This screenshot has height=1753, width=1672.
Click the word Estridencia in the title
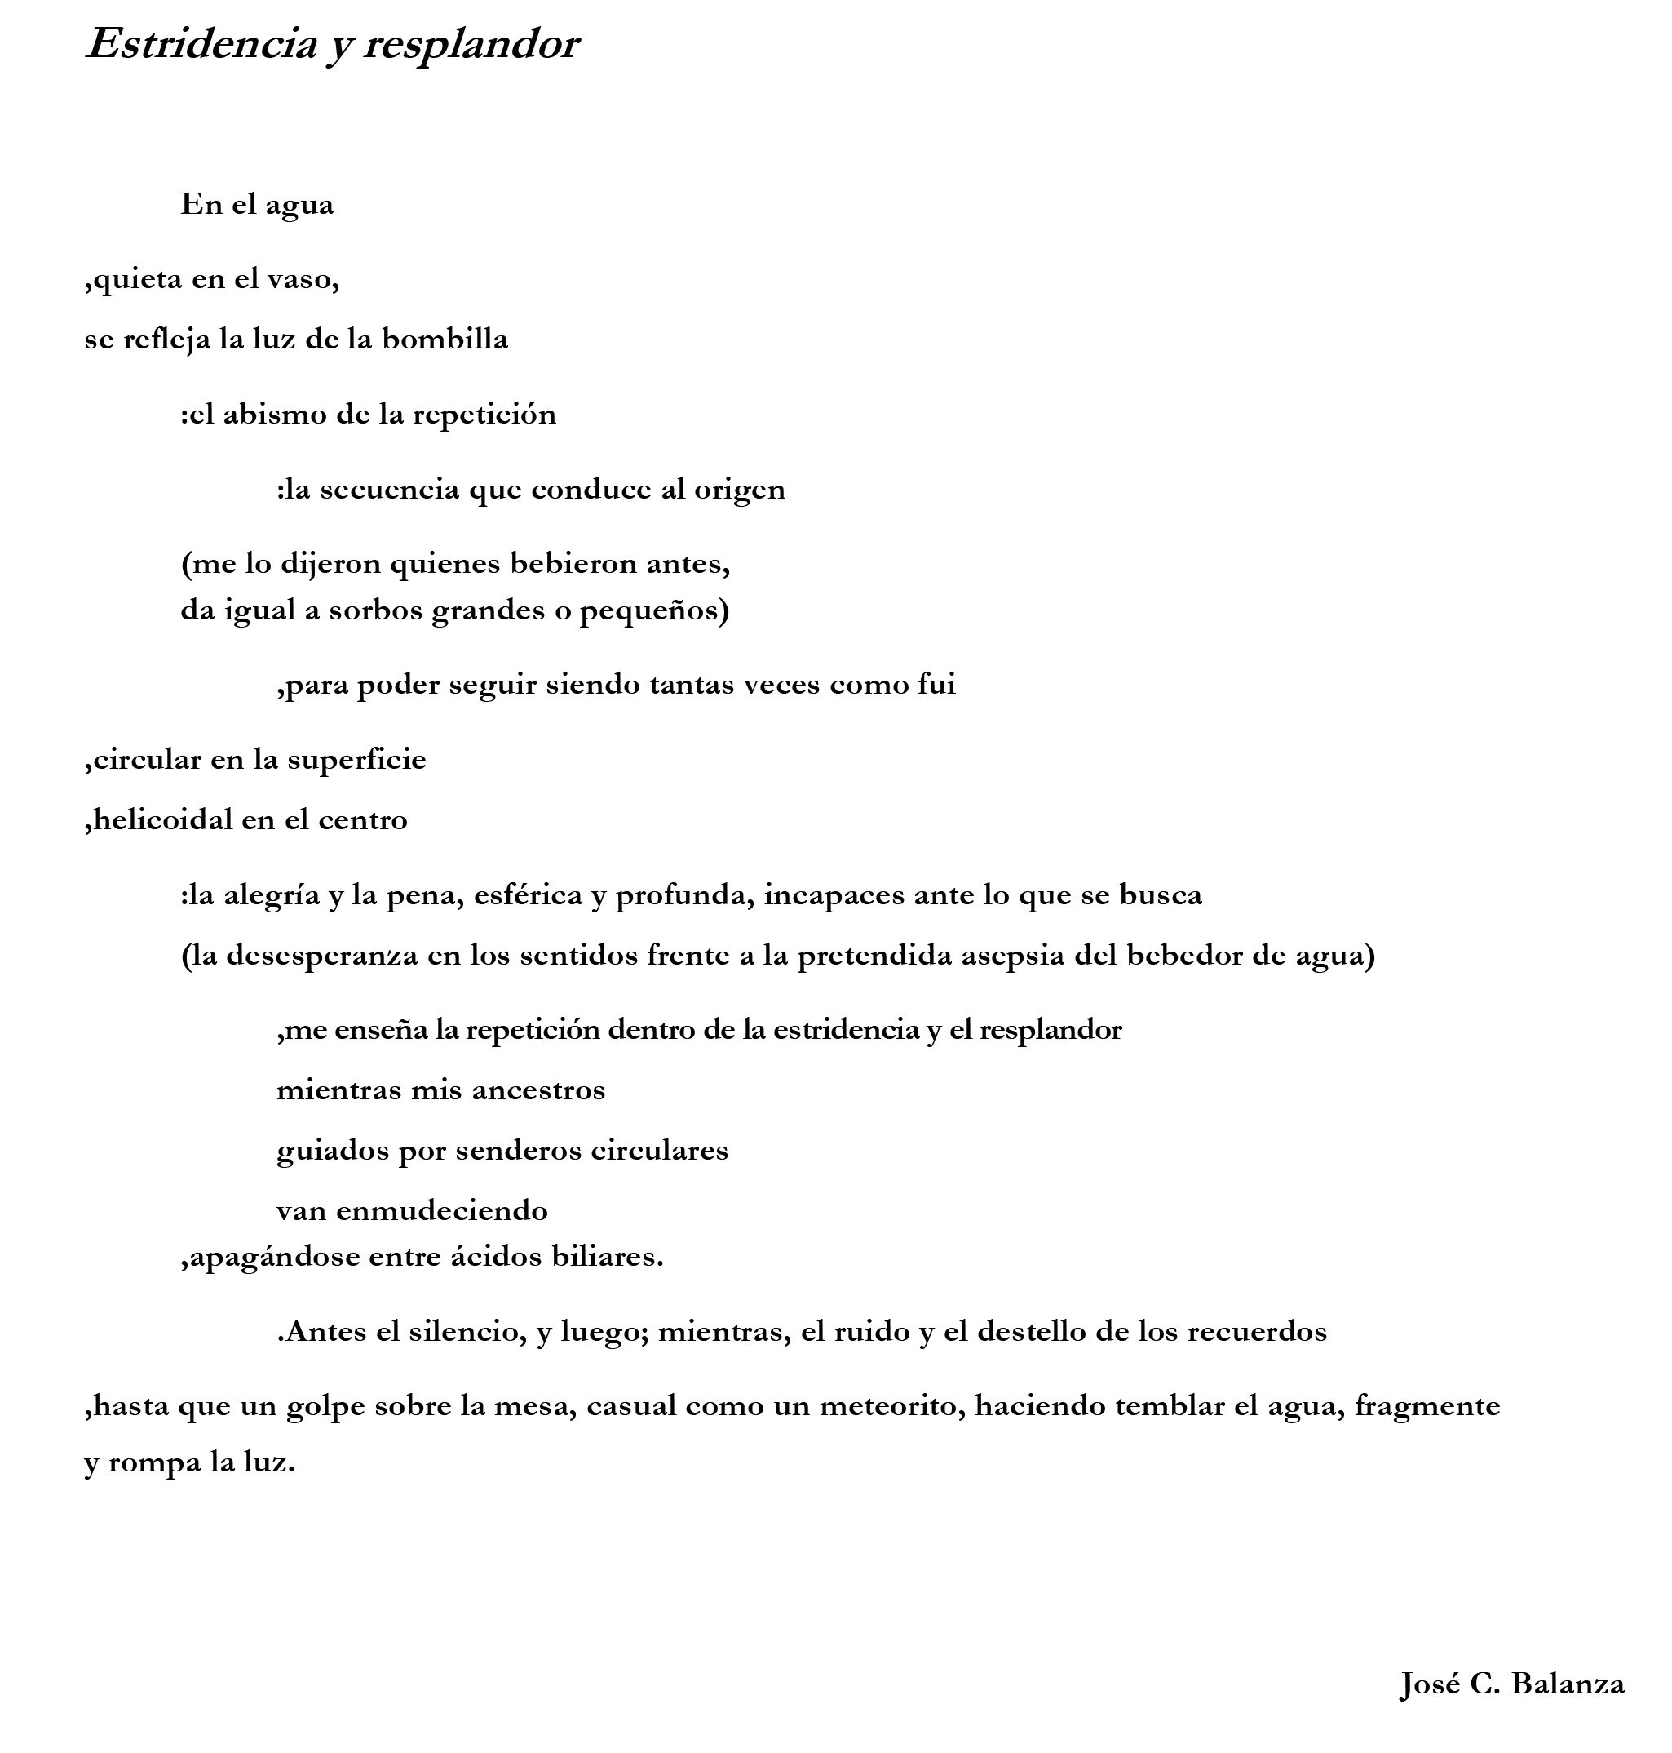[201, 45]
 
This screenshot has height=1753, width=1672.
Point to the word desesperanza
[321, 956]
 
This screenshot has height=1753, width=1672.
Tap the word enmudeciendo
[442, 1211]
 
